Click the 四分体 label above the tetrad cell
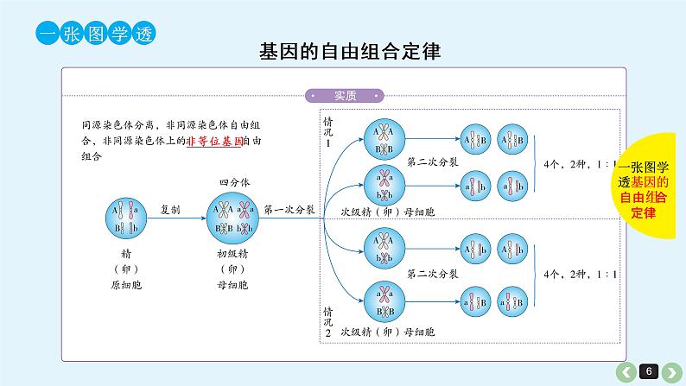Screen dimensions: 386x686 pos(232,183)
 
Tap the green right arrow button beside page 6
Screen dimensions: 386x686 pos(670,371)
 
